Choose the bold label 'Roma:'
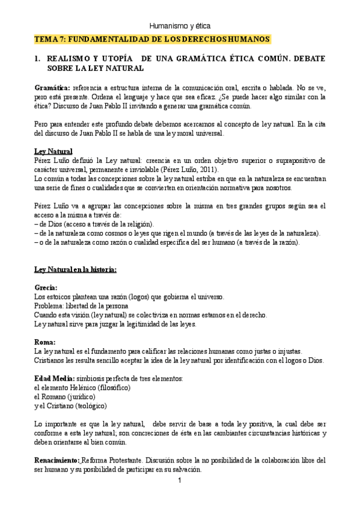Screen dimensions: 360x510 [45, 342]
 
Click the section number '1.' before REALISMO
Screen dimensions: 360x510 [37, 60]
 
